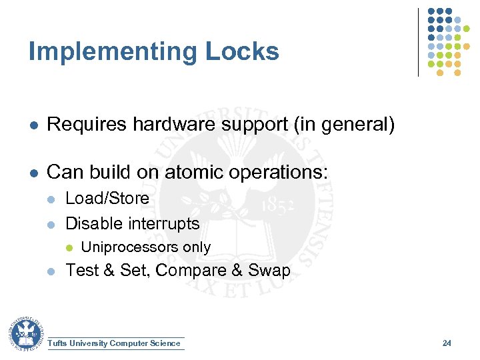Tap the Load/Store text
click(107, 198)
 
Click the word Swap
click(269, 270)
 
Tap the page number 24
click(447, 343)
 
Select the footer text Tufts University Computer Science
click(115, 343)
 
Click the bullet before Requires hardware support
click(32, 125)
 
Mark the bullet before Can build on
click(32, 173)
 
